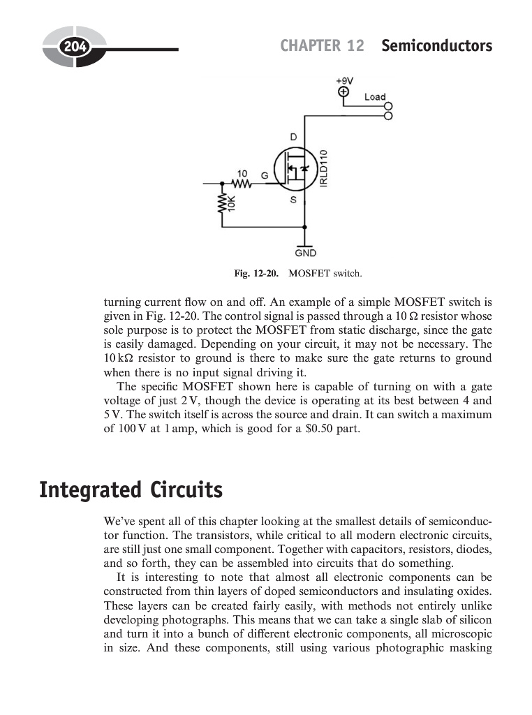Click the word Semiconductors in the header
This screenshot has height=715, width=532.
click(x=436, y=46)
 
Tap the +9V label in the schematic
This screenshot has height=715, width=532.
click(x=344, y=80)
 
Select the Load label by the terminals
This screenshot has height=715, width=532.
click(x=375, y=97)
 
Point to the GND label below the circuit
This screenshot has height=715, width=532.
click(x=305, y=253)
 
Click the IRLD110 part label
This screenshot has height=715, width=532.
click(x=323, y=168)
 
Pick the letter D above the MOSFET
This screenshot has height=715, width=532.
click(x=294, y=138)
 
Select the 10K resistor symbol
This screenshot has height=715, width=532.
click(x=223, y=202)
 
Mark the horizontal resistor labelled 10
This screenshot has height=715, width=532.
click(x=242, y=184)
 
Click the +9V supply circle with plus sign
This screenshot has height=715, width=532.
click(x=344, y=92)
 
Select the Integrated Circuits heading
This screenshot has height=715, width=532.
click(x=131, y=490)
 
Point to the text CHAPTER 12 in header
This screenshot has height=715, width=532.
click(x=322, y=46)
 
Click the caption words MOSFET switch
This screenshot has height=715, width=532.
click(x=325, y=273)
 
